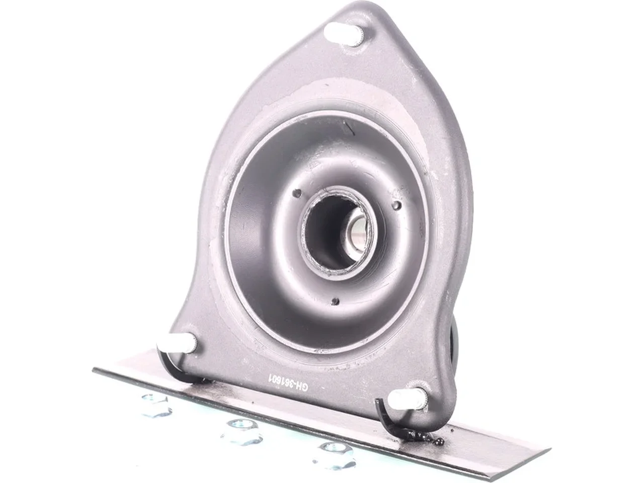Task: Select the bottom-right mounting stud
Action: tap(407, 399)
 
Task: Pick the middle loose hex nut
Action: tap(241, 432)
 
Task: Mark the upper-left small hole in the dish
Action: tap(298, 193)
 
